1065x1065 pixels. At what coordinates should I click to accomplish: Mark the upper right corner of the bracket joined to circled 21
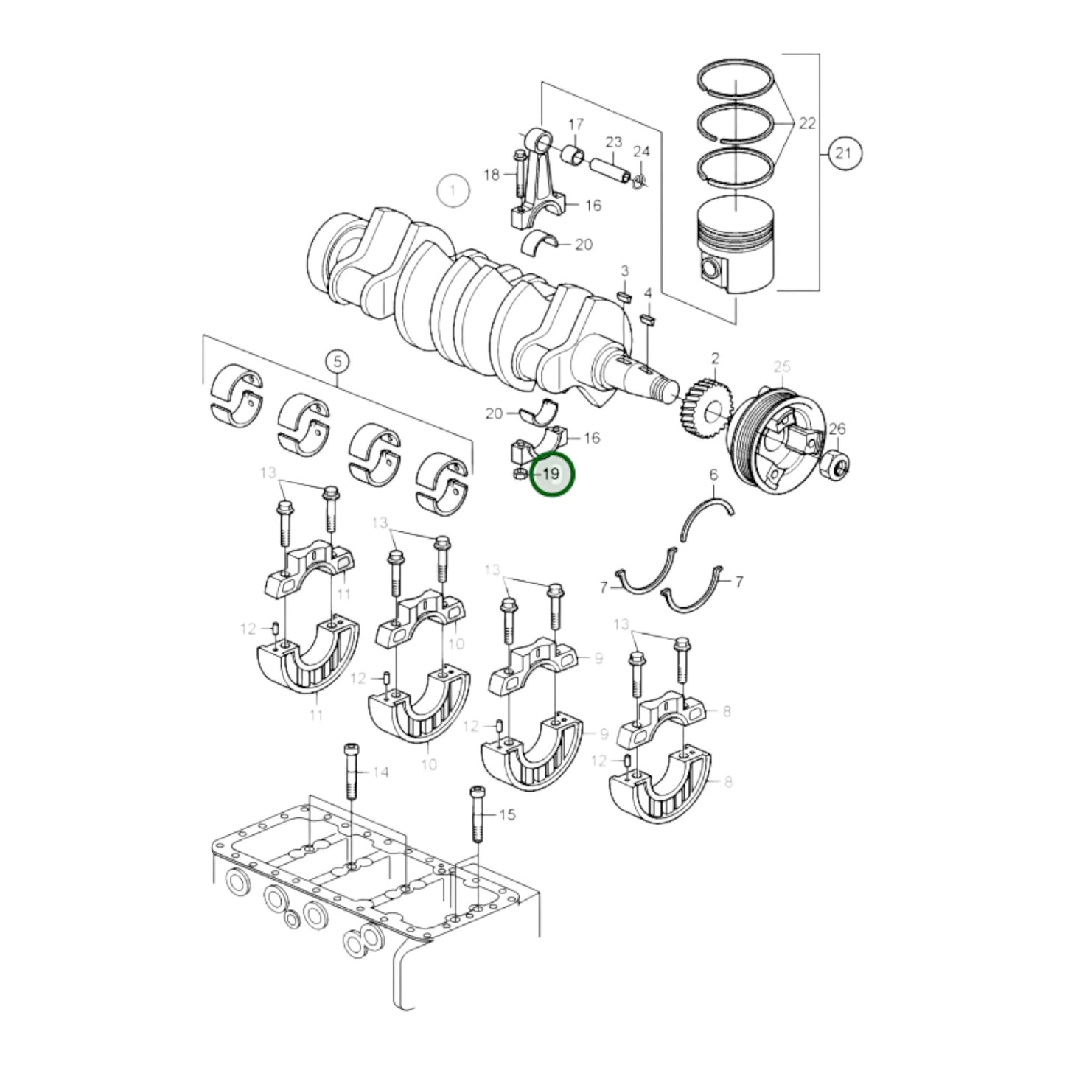click(819, 54)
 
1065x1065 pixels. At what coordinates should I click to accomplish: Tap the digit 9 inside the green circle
click(555, 474)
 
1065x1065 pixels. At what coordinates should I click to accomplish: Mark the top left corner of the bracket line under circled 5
click(203, 335)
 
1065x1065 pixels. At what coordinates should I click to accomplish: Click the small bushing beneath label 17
click(573, 155)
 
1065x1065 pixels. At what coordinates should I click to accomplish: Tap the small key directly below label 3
click(624, 297)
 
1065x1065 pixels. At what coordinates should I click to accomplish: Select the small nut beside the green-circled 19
click(520, 474)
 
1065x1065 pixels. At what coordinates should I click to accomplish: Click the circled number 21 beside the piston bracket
click(843, 153)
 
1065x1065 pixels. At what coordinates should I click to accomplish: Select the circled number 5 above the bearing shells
click(338, 363)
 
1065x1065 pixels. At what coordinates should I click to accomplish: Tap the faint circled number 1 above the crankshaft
click(453, 191)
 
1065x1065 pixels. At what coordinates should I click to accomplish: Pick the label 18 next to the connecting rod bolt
click(492, 175)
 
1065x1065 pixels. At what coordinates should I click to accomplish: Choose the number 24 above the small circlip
click(642, 151)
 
